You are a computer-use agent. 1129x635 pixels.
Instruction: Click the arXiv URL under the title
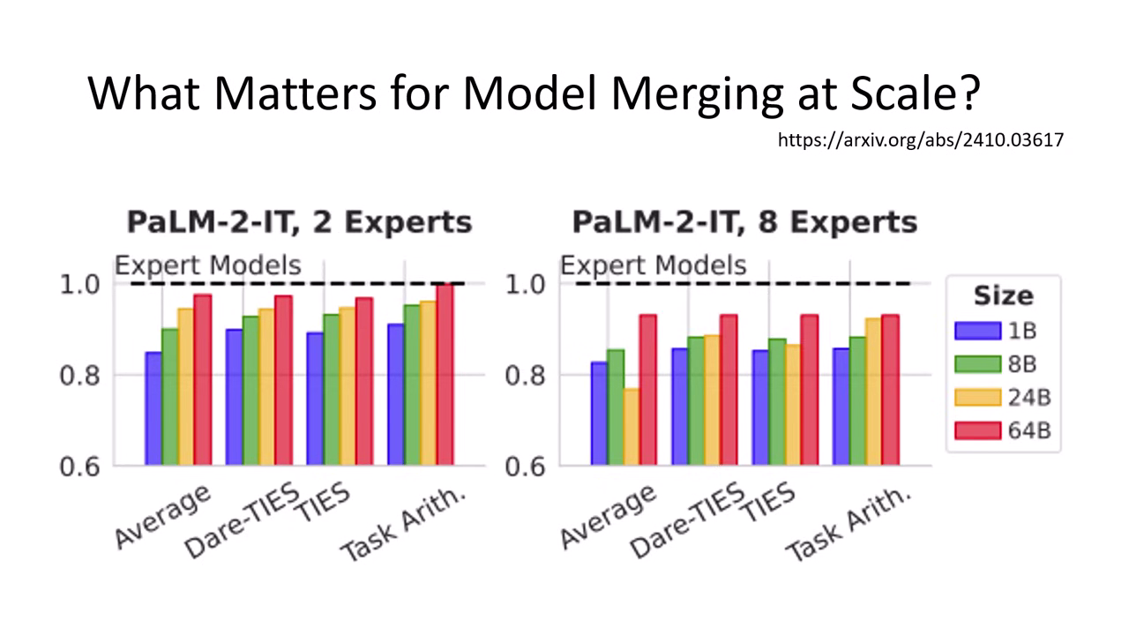(x=920, y=139)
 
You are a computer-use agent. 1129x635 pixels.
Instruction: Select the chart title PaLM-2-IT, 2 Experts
(x=299, y=221)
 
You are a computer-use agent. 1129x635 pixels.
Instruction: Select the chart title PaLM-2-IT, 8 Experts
(x=744, y=221)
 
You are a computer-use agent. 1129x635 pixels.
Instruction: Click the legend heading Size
(x=1003, y=295)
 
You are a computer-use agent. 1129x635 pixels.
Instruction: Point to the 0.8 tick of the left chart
(x=80, y=376)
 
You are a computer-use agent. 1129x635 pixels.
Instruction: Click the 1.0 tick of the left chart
(x=80, y=285)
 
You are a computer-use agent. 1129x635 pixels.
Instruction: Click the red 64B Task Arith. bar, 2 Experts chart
(x=445, y=374)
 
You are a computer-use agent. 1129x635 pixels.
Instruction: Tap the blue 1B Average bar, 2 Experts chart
(x=153, y=408)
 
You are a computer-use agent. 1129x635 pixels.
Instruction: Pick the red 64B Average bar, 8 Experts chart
(x=648, y=389)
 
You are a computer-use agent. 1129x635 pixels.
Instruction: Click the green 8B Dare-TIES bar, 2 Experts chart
(x=250, y=390)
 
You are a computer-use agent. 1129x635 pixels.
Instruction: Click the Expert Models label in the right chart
(x=654, y=265)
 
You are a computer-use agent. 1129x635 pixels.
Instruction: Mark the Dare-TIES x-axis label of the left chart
(x=243, y=520)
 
